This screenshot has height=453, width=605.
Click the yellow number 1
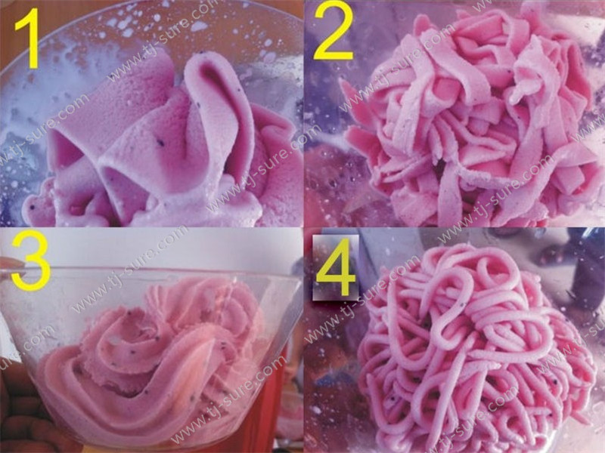pyautogui.click(x=28, y=39)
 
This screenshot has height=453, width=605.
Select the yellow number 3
pyautogui.click(x=31, y=262)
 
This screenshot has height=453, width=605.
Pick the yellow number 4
pyautogui.click(x=335, y=267)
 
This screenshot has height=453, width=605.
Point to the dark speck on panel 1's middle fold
pyautogui.click(x=160, y=143)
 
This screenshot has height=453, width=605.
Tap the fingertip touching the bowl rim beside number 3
pyautogui.click(x=11, y=266)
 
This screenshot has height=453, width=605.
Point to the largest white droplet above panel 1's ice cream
pyautogui.click(x=198, y=26)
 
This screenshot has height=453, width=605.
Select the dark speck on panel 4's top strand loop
pyautogui.click(x=461, y=305)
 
